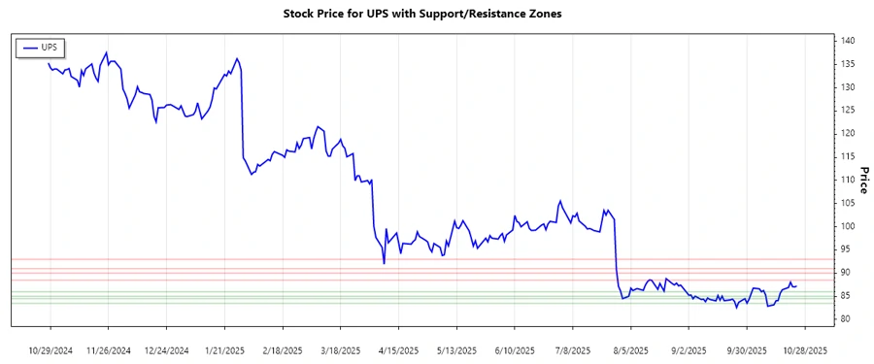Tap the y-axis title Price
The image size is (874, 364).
pos(862,179)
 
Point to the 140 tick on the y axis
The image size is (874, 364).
pos(847,41)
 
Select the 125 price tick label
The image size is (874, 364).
pos(847,110)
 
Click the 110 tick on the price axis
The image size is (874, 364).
pos(847,180)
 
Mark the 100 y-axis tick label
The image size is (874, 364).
pos(847,226)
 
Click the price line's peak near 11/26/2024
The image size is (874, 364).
pos(107,52)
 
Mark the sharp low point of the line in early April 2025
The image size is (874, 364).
pos(384,264)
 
